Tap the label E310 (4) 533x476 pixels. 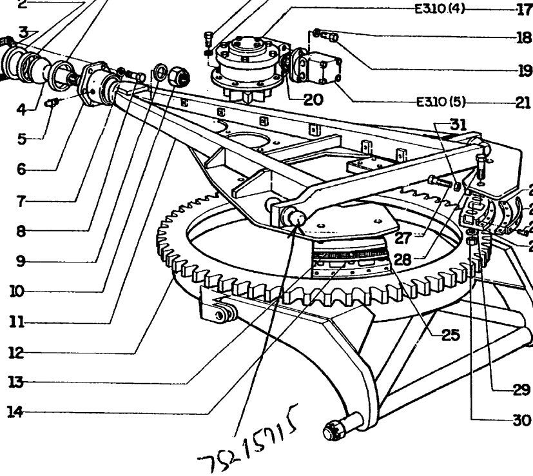click(x=440, y=10)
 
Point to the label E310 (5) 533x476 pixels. click(x=441, y=102)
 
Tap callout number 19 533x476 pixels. click(x=523, y=70)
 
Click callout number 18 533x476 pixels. click(x=523, y=37)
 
